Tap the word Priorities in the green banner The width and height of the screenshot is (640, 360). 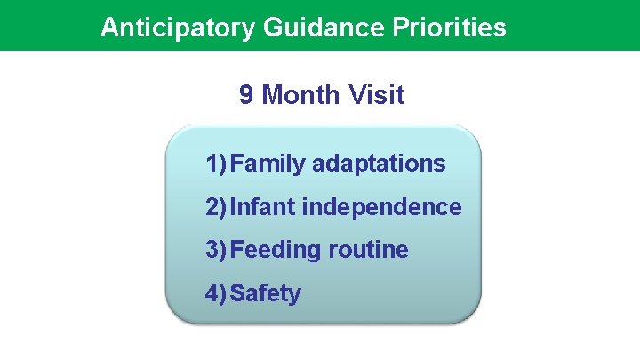click(x=450, y=28)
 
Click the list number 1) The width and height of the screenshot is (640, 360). click(x=216, y=164)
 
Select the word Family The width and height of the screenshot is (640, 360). click(x=268, y=164)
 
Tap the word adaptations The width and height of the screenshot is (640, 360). click(x=379, y=164)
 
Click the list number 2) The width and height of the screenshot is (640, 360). click(x=216, y=208)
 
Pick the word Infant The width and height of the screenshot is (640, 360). click(x=262, y=208)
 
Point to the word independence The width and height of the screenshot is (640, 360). click(x=382, y=208)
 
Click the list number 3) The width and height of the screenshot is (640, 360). click(x=216, y=251)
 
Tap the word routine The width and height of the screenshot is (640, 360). click(x=368, y=251)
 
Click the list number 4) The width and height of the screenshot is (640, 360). click(x=216, y=293)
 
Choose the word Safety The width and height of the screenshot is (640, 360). click(x=266, y=293)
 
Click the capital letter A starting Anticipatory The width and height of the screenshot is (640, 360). click(x=109, y=28)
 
